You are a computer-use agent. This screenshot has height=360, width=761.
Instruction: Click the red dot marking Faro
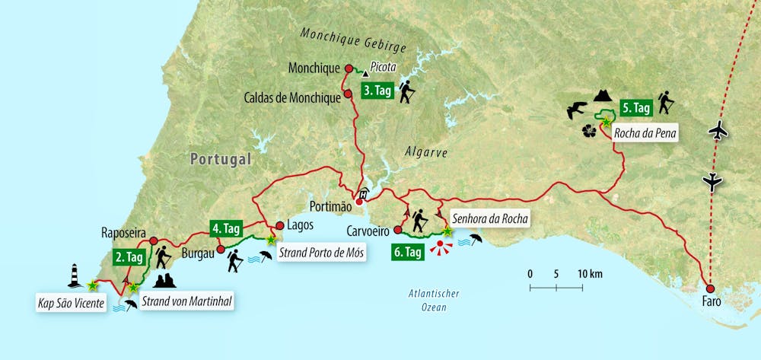point(710,288)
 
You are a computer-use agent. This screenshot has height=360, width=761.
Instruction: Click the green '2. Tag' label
point(129,257)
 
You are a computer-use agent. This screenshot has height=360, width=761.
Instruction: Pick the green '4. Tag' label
point(225,227)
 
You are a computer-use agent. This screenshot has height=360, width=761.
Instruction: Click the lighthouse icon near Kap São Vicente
point(75,276)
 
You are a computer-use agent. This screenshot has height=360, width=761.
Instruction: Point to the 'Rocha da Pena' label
point(645,134)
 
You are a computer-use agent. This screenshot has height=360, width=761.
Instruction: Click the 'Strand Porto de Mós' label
point(320,253)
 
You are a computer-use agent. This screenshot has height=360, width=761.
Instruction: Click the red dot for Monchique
point(349,68)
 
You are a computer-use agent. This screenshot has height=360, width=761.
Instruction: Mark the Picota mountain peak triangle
point(365,74)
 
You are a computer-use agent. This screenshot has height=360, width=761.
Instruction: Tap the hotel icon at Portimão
point(364,194)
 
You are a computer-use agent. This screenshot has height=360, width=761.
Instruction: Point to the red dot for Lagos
point(279,225)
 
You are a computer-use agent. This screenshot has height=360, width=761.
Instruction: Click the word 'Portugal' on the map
point(221,159)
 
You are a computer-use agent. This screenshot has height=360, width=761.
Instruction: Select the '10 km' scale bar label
point(590,273)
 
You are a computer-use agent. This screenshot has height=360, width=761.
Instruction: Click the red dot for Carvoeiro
point(397,228)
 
